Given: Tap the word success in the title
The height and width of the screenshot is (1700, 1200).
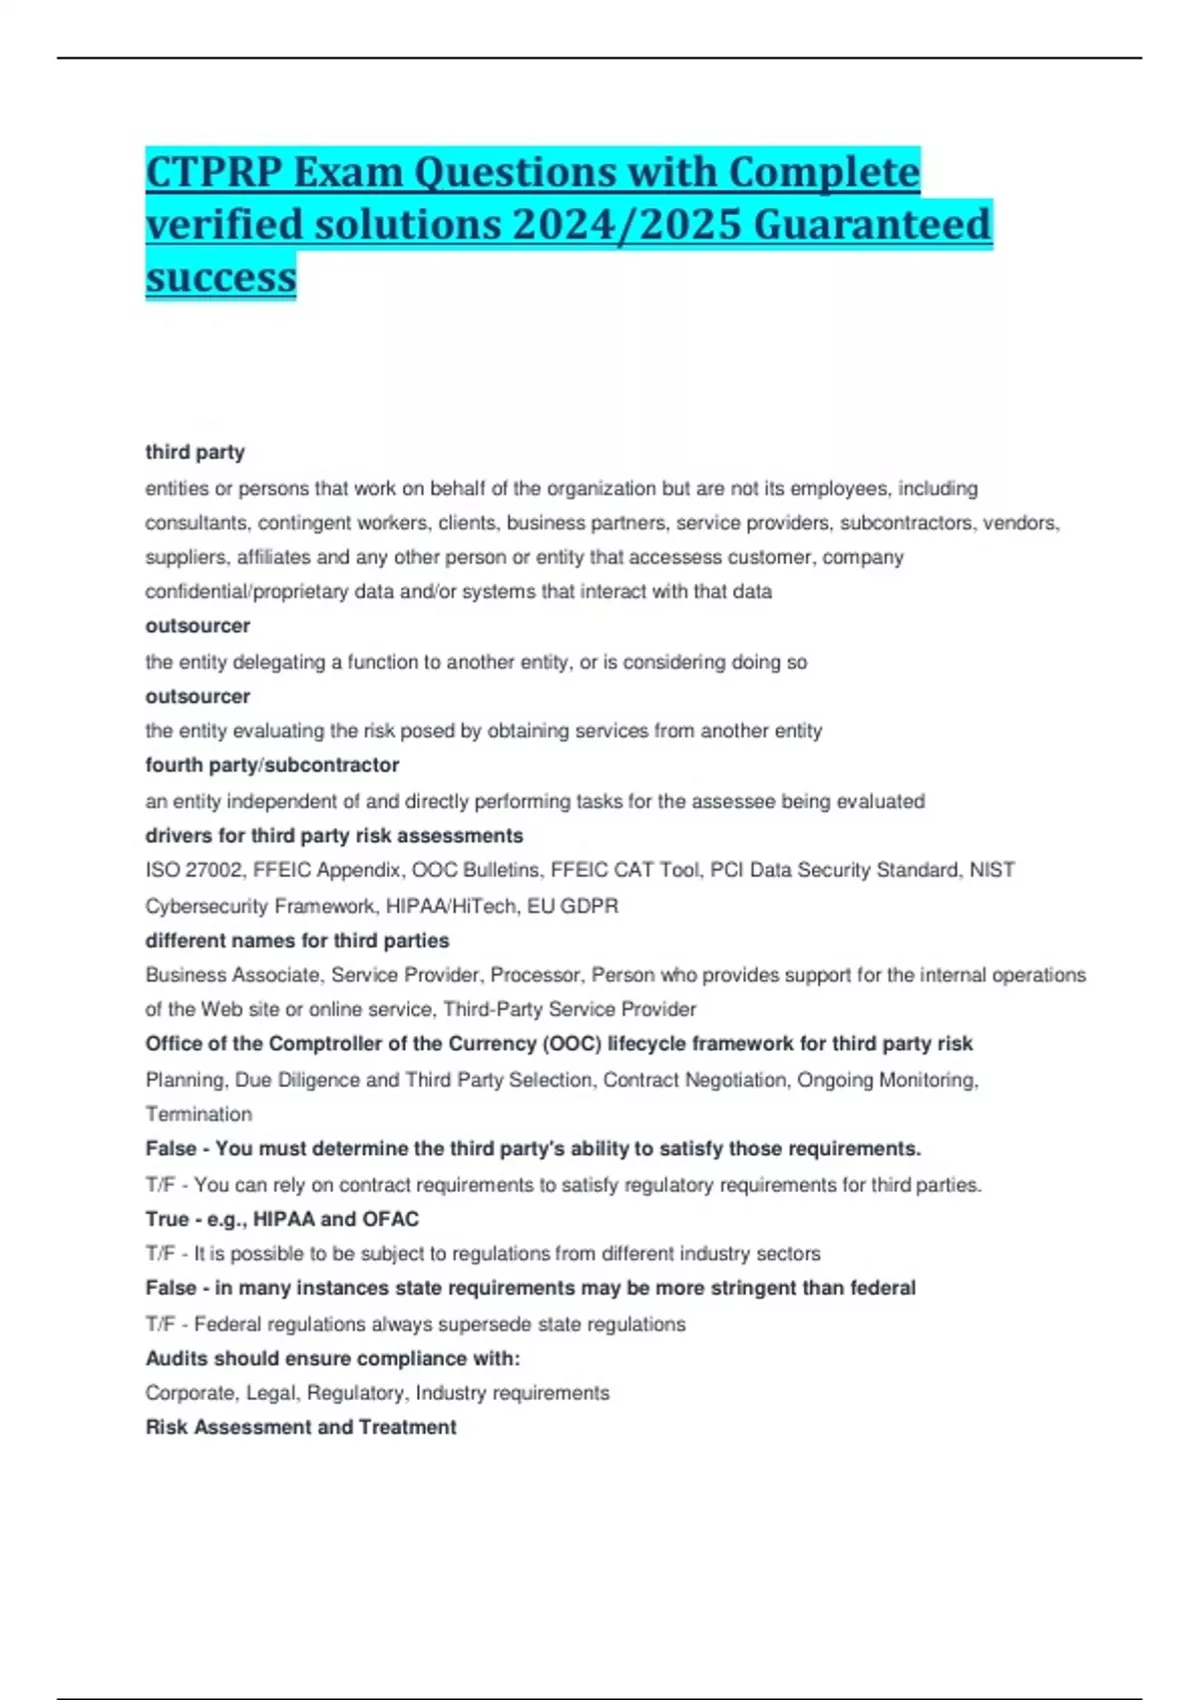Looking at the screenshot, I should click(x=221, y=276).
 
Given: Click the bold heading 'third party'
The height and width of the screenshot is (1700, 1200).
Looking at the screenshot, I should click(x=195, y=452).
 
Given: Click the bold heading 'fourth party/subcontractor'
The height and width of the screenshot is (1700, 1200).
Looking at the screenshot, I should click(x=272, y=765).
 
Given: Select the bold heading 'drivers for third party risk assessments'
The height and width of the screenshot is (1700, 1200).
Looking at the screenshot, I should click(x=334, y=836).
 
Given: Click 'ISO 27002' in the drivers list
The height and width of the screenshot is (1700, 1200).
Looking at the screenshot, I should click(x=193, y=870).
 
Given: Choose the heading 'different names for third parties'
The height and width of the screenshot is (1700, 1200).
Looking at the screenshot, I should click(x=297, y=941).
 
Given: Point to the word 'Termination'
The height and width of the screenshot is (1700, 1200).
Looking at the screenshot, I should click(x=199, y=1114).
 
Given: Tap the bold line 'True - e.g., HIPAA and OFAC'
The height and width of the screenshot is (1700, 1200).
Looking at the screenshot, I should click(x=282, y=1219).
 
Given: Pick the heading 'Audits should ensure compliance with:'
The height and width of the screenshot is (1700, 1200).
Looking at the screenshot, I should click(x=333, y=1359).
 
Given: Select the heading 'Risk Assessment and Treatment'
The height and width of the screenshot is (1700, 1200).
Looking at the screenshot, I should click(x=301, y=1428).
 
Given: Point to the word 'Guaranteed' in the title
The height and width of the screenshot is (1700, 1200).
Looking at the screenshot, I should click(x=872, y=224).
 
